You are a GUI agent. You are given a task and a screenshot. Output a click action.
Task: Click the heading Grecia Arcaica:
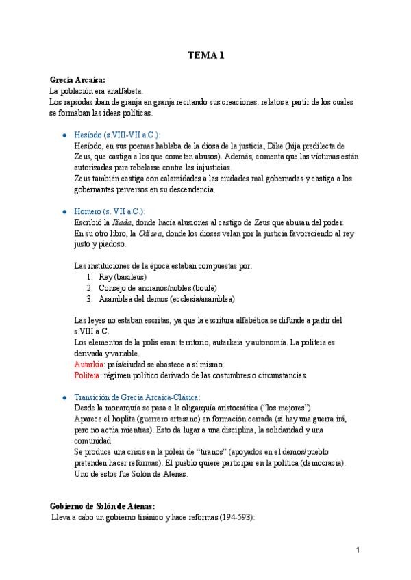click(x=77, y=79)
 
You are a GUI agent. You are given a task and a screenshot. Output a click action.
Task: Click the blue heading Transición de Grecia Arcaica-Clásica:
click(x=136, y=397)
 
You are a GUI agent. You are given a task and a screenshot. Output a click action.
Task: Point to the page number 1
click(x=358, y=550)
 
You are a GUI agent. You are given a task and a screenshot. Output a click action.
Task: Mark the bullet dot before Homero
click(x=64, y=212)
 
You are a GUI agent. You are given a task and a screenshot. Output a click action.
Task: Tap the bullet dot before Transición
click(x=64, y=398)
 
